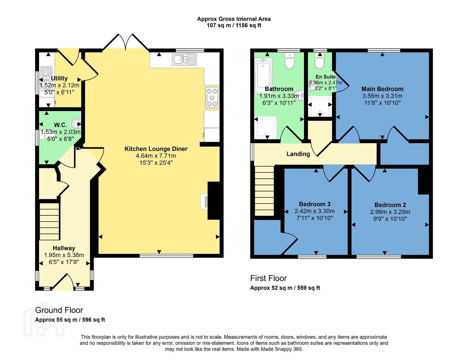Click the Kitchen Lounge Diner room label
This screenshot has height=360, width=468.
click(156, 149)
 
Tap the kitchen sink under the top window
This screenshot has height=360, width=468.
click(184, 59)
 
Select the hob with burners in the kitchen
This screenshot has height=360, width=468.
click(212, 97)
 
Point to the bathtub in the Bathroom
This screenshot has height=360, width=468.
click(263, 76)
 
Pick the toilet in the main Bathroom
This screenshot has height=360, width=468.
click(290, 60)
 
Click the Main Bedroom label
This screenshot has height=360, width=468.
click(382, 89)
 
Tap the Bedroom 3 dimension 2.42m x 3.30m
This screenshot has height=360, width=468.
click(315, 211)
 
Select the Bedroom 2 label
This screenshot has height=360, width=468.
click(390, 205)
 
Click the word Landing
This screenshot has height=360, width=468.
click(298, 154)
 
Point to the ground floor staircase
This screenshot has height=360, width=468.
click(49, 221)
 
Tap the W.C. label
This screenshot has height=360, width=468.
click(60, 125)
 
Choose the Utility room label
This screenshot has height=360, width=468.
click(59, 78)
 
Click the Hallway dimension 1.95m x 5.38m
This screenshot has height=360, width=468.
click(64, 255)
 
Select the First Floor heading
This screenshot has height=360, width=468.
click(268, 278)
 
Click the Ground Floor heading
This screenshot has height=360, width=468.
click(59, 310)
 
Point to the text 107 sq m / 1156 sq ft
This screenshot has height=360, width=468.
click(234, 25)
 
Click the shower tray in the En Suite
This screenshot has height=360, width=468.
click(320, 106)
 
